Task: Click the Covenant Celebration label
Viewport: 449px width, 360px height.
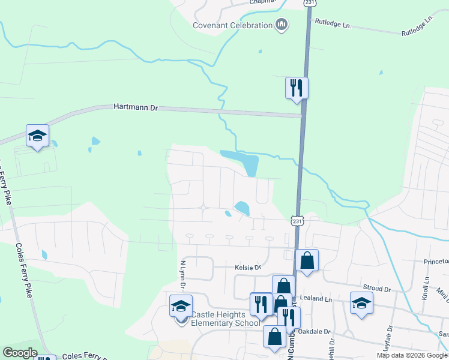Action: [232, 25]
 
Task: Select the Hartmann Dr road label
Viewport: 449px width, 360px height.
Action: [135, 107]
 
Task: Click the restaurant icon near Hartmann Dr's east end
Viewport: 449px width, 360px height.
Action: [297, 88]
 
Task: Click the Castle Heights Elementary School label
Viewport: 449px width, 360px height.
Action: [218, 319]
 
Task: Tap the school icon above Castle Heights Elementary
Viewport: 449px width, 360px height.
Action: [181, 306]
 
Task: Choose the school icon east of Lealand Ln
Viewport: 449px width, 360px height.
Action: [361, 302]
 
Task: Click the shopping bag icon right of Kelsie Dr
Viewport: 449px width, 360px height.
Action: [307, 260]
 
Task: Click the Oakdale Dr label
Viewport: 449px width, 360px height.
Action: [318, 331]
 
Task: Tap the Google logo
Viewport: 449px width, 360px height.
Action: [20, 353]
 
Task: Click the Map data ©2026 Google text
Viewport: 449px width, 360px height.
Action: [412, 355]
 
